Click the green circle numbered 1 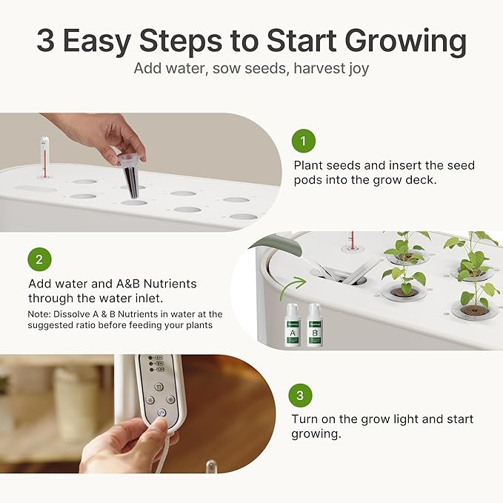click(303, 141)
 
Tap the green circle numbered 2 click(39, 260)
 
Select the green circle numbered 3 click(300, 396)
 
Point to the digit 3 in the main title click(45, 41)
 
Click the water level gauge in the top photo click(45, 156)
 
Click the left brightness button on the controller click(150, 399)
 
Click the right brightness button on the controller click(170, 399)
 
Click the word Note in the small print click(39, 315)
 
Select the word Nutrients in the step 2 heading click(167, 284)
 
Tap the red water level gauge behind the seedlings click(352, 240)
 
